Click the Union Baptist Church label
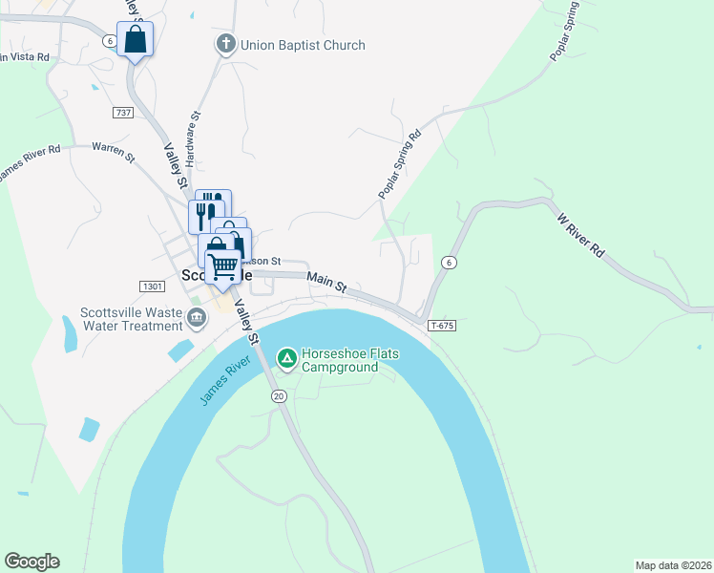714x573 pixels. point(289,45)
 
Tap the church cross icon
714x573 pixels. point(225,44)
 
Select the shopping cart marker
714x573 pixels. point(222,266)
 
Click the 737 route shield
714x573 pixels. point(122,113)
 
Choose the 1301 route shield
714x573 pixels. point(151,286)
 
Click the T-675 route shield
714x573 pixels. point(440,325)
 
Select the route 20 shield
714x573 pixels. point(279,395)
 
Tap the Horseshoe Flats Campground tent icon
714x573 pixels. point(286,358)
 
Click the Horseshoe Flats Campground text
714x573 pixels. point(349,359)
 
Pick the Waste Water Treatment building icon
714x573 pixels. point(198,318)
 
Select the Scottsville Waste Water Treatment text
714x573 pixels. point(131,318)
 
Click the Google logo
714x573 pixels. point(31,562)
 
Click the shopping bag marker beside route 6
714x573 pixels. point(135,40)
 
